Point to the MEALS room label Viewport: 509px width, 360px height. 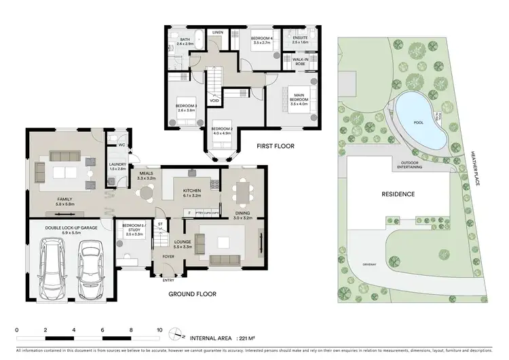[145, 173]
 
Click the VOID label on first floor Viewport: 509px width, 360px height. [214, 101]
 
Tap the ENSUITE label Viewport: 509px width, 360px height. [299, 37]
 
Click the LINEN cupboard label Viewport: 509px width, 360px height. [218, 33]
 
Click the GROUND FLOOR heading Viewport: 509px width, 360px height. [193, 294]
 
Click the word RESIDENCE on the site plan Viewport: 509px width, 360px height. [398, 194]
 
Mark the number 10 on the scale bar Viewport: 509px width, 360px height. [159, 330]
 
